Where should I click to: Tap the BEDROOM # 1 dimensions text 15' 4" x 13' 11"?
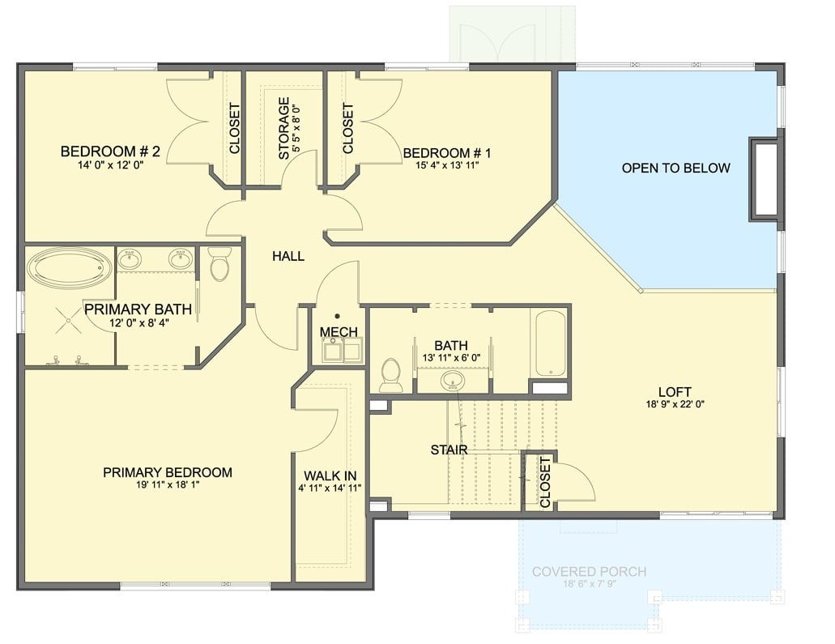tap(448, 167)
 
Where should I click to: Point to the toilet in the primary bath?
tap(219, 264)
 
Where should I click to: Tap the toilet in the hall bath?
tap(391, 375)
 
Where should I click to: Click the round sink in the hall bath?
tap(452, 380)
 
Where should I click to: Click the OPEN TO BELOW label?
tap(675, 168)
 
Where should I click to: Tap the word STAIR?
tap(449, 450)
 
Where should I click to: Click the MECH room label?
tap(338, 332)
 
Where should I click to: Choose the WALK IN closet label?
tap(330, 476)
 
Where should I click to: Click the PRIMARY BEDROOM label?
tap(168, 472)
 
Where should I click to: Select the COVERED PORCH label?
tap(589, 572)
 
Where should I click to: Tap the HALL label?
tap(288, 256)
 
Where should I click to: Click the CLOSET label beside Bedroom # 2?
tap(234, 128)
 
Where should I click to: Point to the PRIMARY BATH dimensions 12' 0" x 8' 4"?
tap(138, 322)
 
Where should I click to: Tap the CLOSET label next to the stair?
tap(545, 482)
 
